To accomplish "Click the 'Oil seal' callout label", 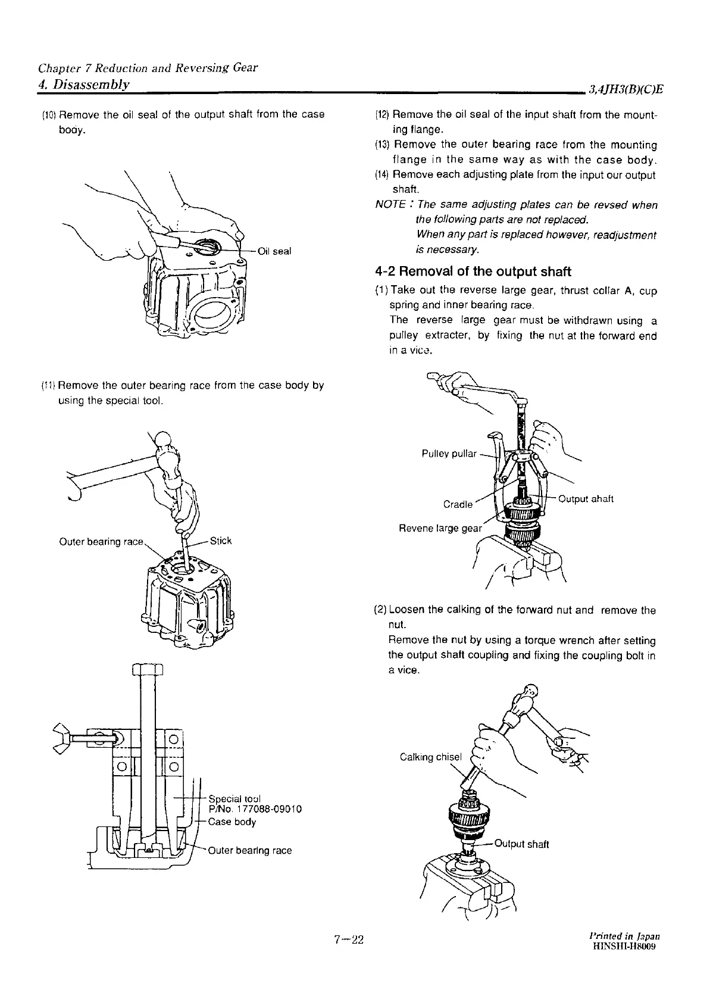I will click(274, 251).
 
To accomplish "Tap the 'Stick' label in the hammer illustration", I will click(221, 541).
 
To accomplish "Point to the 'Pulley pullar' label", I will click(449, 454).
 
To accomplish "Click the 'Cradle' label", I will click(458, 504).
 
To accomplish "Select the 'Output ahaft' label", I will click(586, 499).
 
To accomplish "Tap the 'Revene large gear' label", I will click(440, 528).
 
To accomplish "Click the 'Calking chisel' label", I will click(430, 757).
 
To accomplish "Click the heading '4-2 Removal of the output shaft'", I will click(473, 272).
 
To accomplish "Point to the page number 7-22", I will click(349, 940).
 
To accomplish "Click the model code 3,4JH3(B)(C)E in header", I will click(626, 90).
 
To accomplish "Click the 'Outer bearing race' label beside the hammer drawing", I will click(101, 542).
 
